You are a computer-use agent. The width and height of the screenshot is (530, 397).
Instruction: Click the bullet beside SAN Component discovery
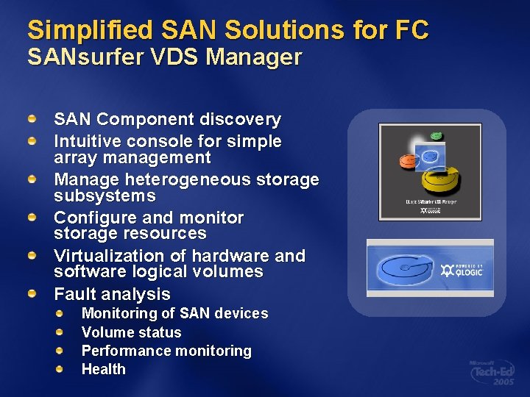tap(33, 118)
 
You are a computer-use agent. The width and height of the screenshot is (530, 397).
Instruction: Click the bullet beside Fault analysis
tap(33, 293)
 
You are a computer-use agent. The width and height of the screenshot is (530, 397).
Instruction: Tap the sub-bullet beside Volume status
tap(61, 332)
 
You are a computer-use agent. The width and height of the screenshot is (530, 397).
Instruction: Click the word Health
tap(103, 369)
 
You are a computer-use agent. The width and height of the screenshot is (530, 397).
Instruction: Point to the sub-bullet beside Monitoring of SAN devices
tap(61, 312)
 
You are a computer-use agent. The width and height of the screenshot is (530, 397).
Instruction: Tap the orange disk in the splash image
tap(407, 160)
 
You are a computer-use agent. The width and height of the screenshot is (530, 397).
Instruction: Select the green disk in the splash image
tap(436, 136)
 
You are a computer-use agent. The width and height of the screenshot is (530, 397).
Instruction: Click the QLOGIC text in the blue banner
tap(468, 272)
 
